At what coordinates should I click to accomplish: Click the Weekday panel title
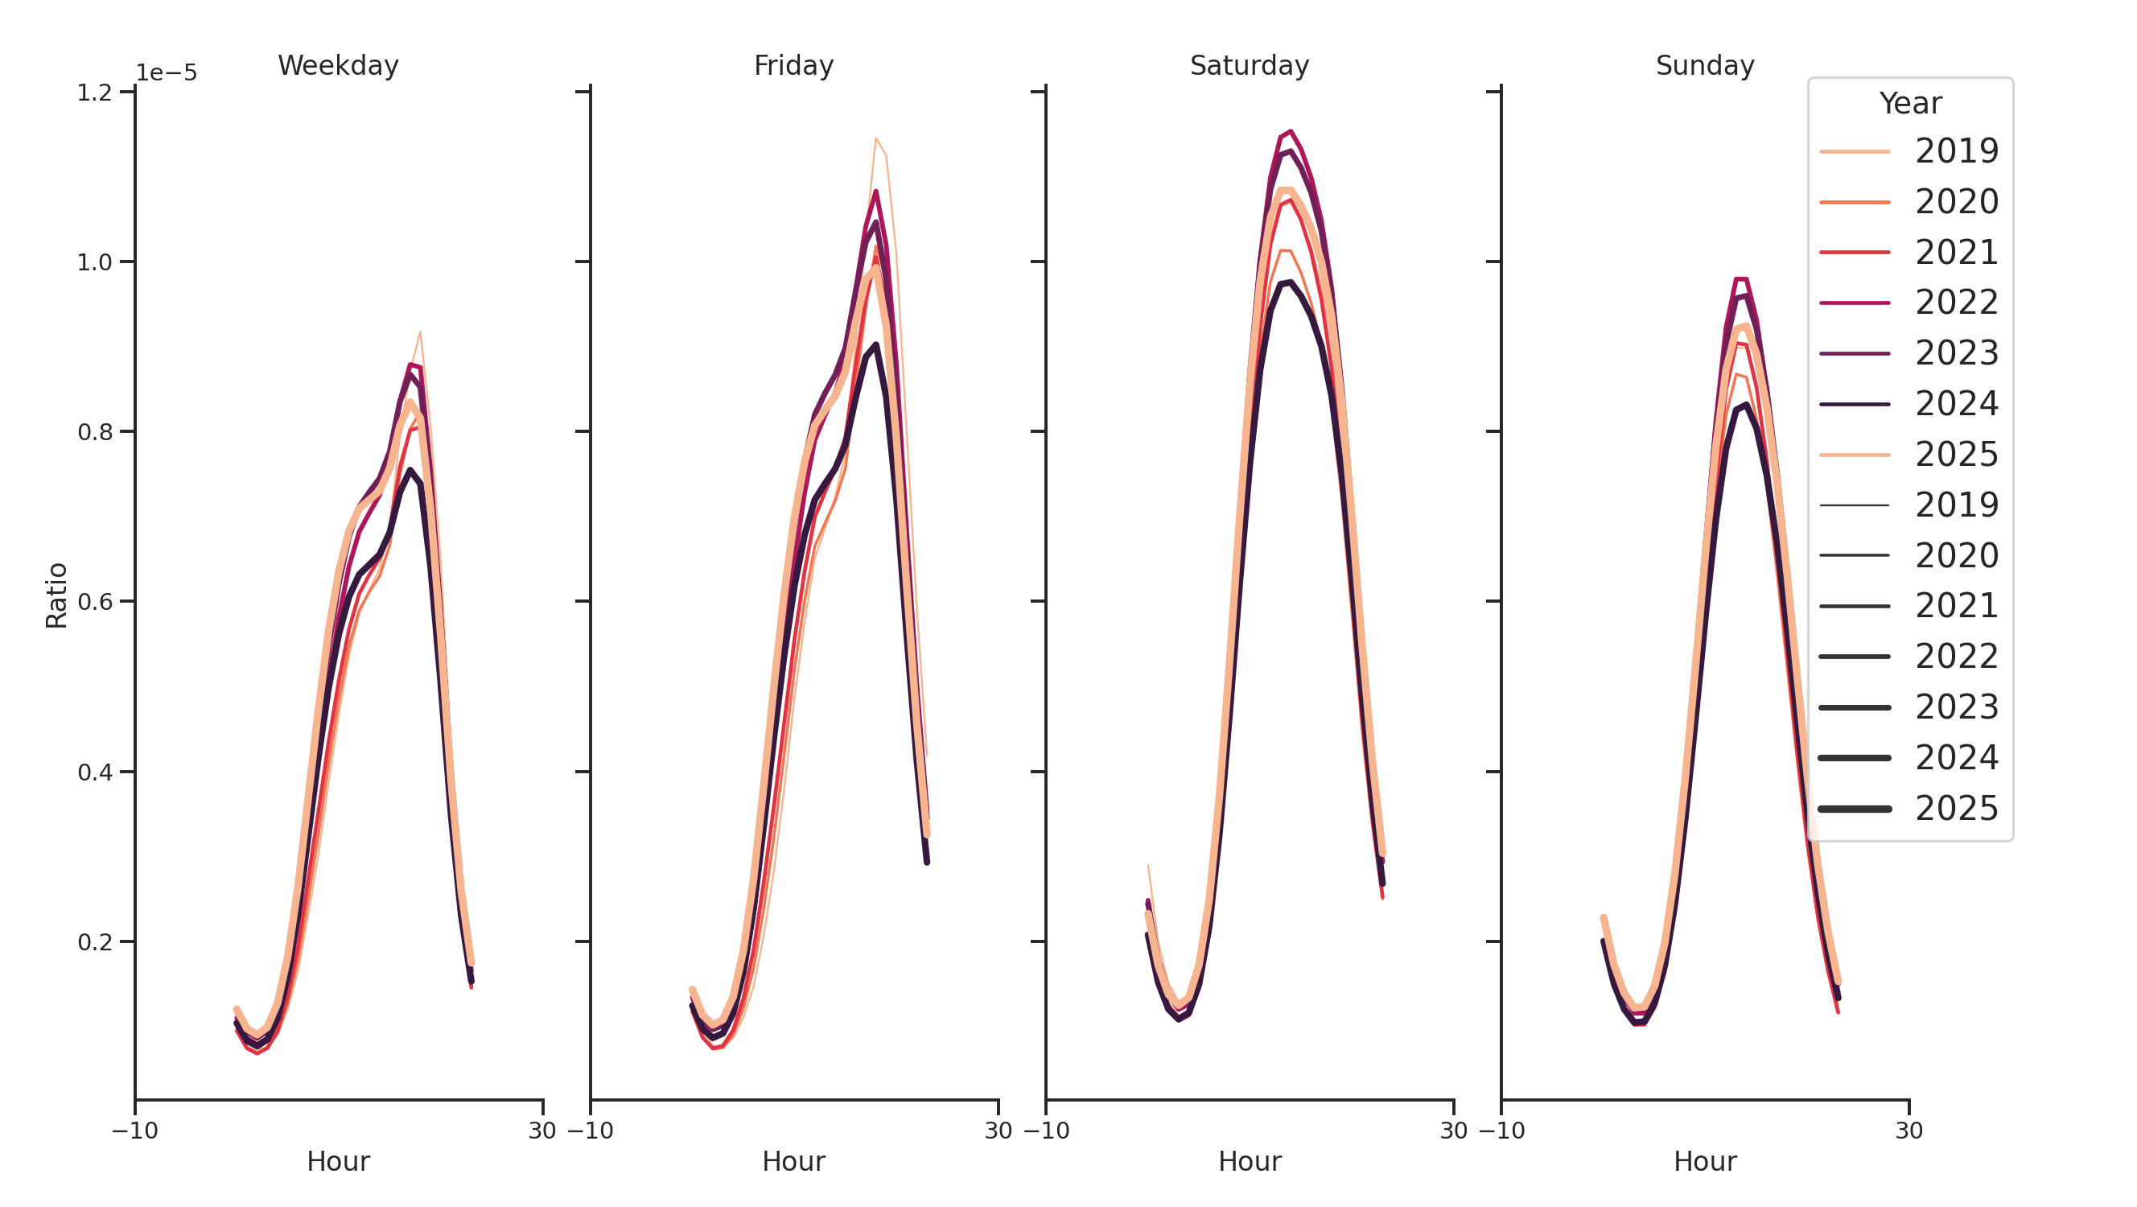(x=338, y=65)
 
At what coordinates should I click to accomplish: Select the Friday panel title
(x=793, y=65)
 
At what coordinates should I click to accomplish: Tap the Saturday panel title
(x=1249, y=65)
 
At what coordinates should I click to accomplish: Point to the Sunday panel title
(x=1704, y=65)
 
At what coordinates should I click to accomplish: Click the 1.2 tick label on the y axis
(x=95, y=93)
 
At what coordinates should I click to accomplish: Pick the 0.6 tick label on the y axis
(x=95, y=602)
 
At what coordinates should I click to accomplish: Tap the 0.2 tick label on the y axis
(x=95, y=942)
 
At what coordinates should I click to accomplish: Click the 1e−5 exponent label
(x=167, y=73)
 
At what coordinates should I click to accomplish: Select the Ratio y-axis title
(x=56, y=595)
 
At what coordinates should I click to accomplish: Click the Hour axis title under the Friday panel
(x=793, y=1161)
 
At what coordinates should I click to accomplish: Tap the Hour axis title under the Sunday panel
(x=1704, y=1161)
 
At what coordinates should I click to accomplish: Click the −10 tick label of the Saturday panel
(x=1046, y=1131)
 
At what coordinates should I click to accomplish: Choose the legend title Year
(x=1909, y=104)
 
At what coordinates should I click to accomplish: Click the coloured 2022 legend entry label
(x=1956, y=303)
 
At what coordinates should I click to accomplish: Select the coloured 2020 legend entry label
(x=1956, y=202)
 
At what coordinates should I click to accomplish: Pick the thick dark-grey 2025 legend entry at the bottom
(x=1956, y=809)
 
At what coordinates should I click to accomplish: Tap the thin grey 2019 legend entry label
(x=1956, y=505)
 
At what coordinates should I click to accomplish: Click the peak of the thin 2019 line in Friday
(x=875, y=138)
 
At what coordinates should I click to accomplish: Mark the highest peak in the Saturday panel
(x=1290, y=131)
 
